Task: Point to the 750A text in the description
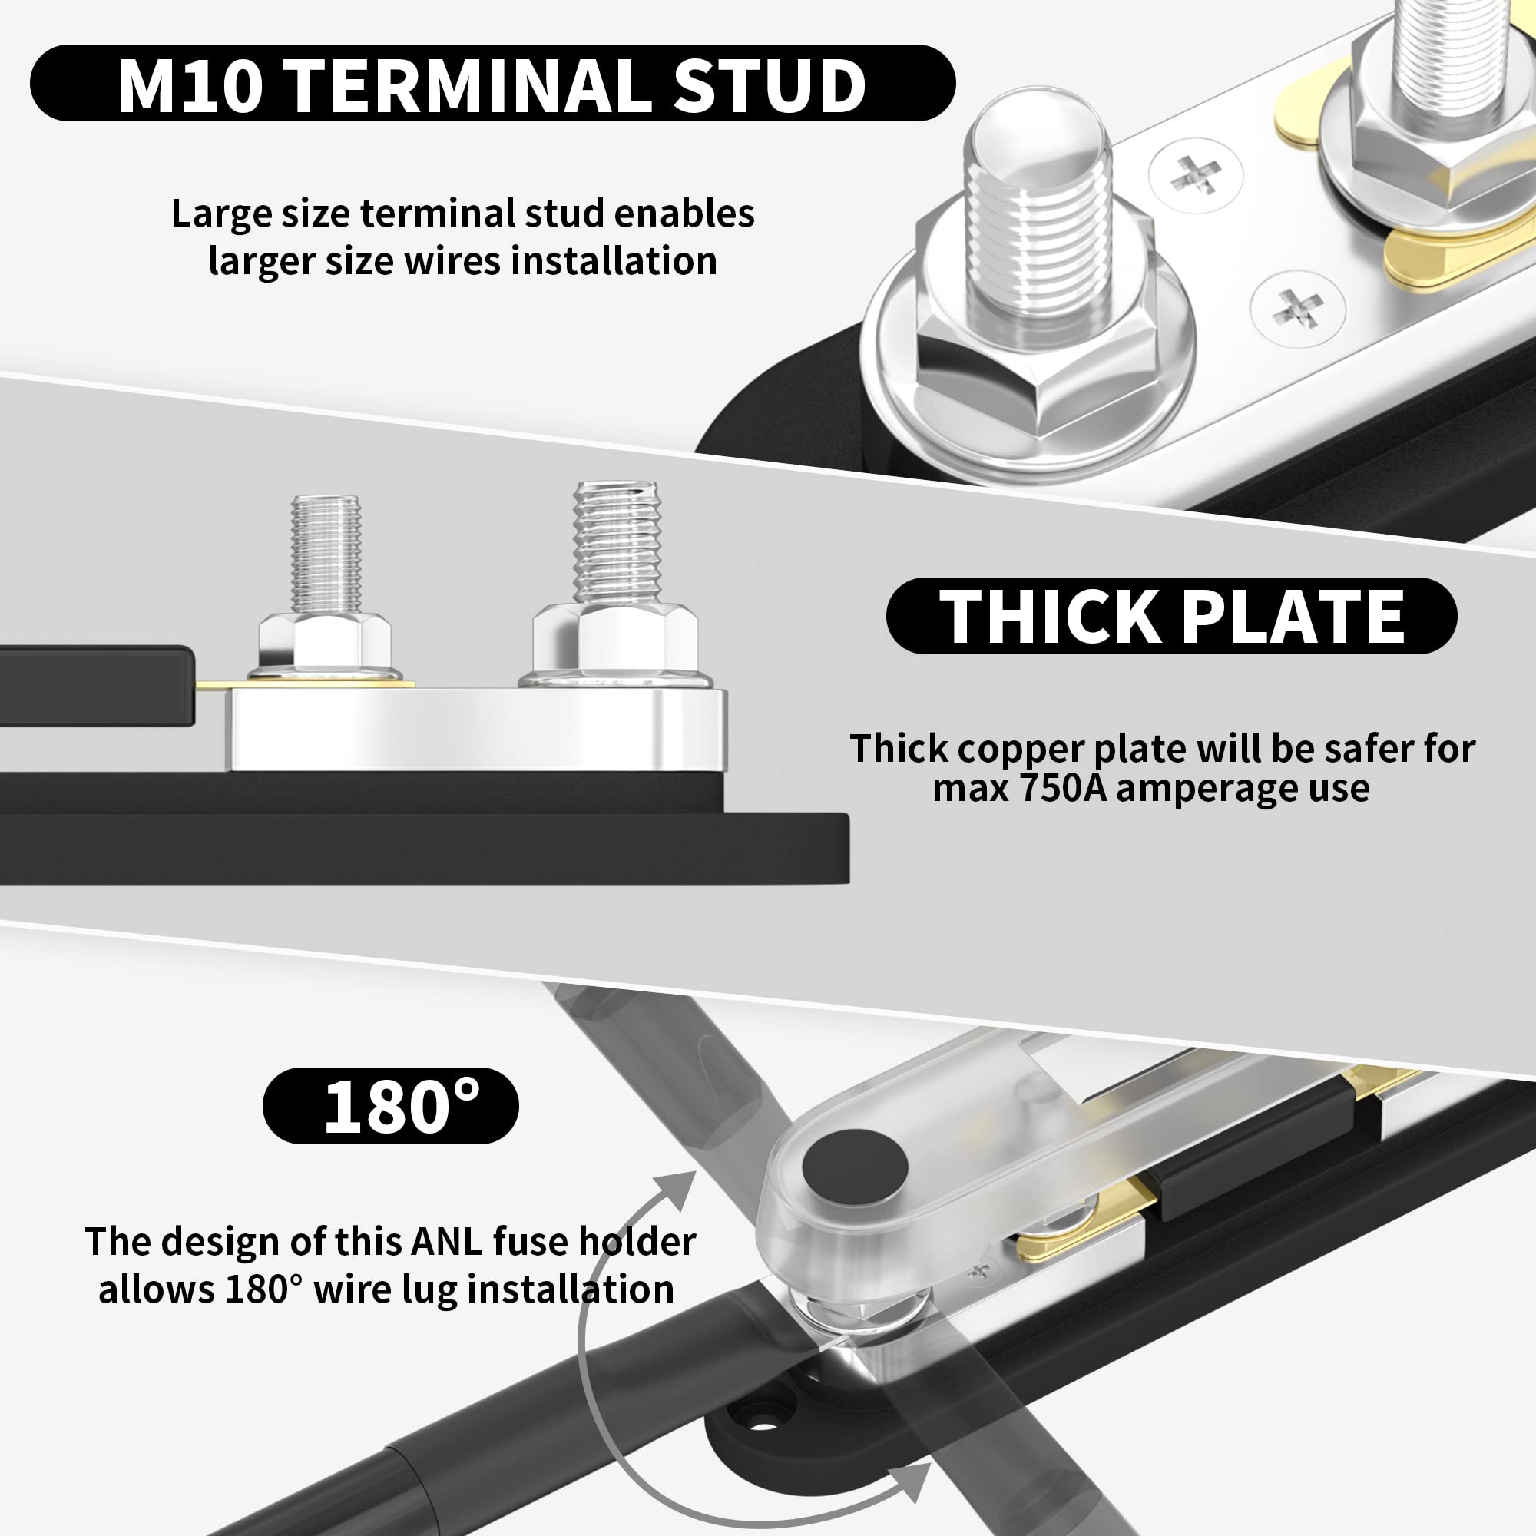[1060, 789]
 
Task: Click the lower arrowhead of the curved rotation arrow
[914, 1481]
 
